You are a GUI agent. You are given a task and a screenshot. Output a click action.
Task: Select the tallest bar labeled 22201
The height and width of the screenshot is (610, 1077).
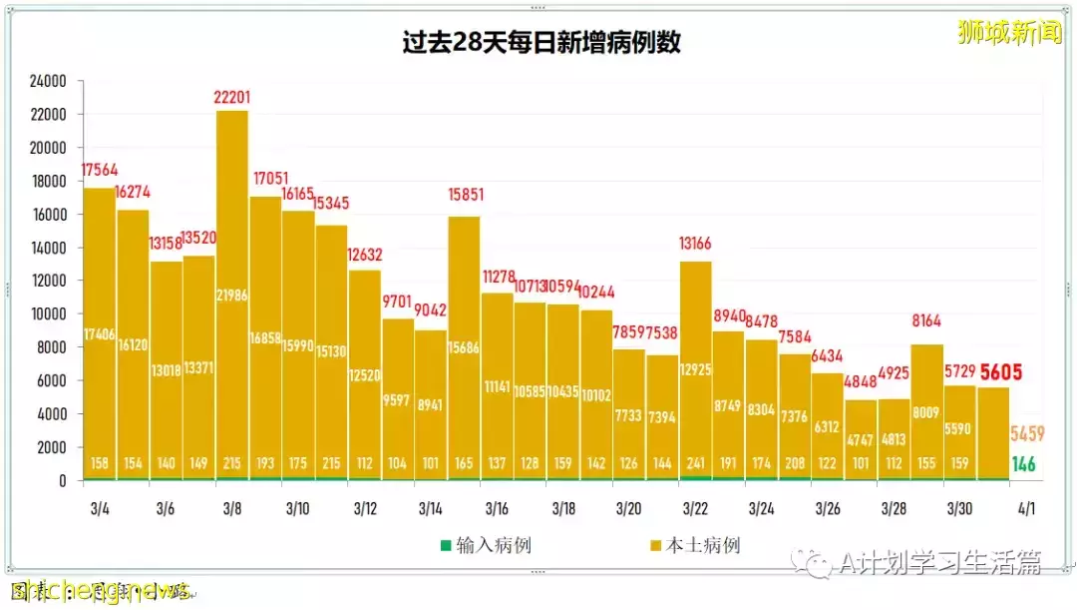point(231,300)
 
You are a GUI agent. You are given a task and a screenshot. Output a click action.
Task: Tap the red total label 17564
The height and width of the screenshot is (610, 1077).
point(99,171)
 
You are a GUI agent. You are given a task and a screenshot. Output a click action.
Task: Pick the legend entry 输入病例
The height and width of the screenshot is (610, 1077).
point(482,545)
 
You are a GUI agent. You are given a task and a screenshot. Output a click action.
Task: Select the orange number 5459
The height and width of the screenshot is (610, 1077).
point(1028,433)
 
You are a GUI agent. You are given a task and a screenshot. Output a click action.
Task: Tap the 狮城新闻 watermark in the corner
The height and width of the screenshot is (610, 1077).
point(1009,33)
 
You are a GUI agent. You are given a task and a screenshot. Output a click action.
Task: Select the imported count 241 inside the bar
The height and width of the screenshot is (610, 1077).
point(695,464)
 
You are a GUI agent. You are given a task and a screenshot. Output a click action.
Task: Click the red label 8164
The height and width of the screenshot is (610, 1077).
point(926,321)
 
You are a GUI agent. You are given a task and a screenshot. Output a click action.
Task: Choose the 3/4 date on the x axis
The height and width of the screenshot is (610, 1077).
point(99,509)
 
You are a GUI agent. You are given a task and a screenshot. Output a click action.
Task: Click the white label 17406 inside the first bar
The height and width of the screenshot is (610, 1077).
point(99,333)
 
